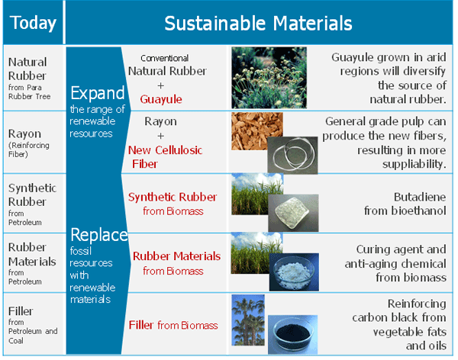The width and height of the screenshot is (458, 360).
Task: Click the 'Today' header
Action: point(33,23)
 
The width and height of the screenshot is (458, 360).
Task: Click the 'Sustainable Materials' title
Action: point(258,24)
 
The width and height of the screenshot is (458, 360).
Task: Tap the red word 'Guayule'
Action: point(161,100)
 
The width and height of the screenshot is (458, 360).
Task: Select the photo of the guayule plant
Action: point(269,78)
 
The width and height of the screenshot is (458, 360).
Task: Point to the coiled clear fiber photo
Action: point(292,155)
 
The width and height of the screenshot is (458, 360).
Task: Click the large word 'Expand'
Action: point(98,93)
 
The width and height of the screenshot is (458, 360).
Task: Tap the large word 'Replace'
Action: point(99,235)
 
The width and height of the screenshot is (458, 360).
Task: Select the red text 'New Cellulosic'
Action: point(166,150)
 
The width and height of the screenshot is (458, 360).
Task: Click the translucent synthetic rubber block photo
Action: point(293,213)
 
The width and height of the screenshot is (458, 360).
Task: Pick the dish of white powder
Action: point(294,272)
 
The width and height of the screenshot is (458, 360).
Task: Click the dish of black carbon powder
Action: point(292,334)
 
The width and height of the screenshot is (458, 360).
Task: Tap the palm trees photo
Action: point(248,320)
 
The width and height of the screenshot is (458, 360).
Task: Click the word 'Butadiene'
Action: point(420,197)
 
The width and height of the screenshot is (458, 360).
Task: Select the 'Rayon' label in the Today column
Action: point(25,133)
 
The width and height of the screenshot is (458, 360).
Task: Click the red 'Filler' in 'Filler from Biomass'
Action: point(141,325)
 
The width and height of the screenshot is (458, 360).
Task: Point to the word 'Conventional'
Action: point(164,58)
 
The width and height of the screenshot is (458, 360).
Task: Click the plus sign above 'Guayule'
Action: point(160,86)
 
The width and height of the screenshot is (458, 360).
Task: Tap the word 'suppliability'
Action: point(414,164)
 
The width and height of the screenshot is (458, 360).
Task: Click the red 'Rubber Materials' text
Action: point(177,256)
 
